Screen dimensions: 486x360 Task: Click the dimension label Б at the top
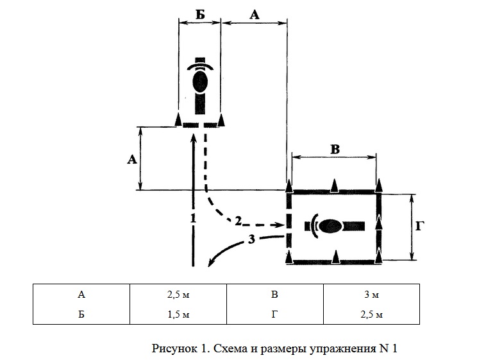[x=200, y=14]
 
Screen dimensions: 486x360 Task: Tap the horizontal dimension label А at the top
[x=254, y=15]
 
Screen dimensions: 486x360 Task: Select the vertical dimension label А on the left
[x=132, y=160]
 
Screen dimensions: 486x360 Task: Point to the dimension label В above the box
[x=335, y=150]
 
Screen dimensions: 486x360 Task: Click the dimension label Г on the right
[x=420, y=227]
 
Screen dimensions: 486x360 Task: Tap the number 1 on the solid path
[x=193, y=218]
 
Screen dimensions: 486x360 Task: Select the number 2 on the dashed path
[x=238, y=221]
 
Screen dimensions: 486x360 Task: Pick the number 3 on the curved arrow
[x=251, y=239]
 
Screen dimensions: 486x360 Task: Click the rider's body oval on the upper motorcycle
[x=200, y=81]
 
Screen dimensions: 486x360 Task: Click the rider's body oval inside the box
[x=330, y=227]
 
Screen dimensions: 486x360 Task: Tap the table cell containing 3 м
[x=371, y=294]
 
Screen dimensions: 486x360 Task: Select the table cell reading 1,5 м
[x=178, y=314]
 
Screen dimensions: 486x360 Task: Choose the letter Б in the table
[x=81, y=314]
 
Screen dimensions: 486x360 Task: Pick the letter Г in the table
[x=274, y=314]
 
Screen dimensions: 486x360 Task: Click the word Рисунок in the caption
[x=174, y=348]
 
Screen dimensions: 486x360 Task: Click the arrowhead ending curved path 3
[x=211, y=262]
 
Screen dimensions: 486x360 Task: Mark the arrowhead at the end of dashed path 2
[x=280, y=225]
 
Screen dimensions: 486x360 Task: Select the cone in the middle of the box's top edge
[x=334, y=185]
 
